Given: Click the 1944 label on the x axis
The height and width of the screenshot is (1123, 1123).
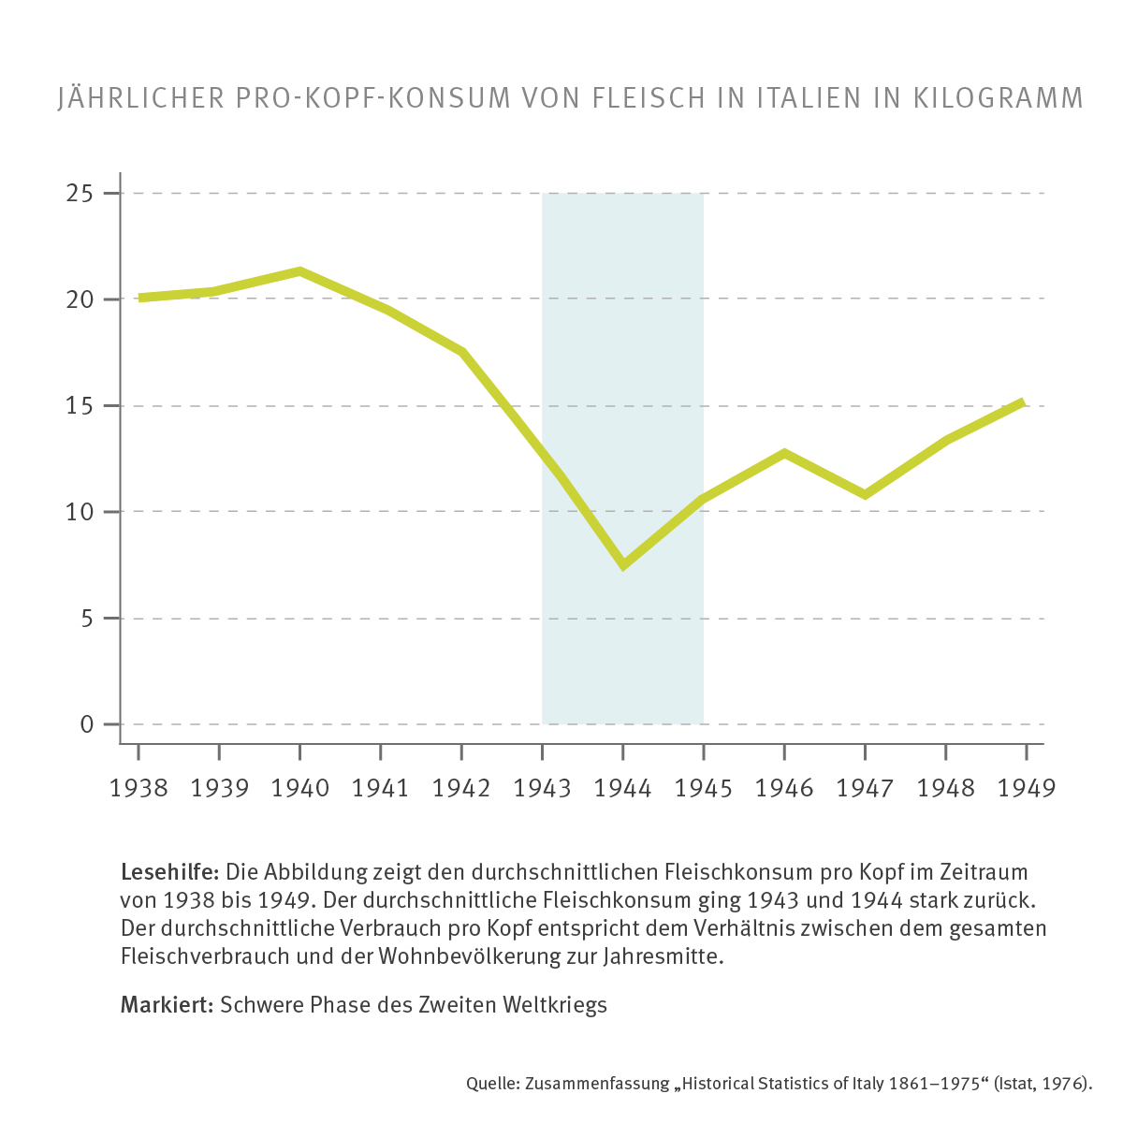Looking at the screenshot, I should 622,788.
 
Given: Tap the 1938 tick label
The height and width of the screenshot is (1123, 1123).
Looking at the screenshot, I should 139,788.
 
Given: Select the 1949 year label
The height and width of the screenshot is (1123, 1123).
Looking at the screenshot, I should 1027,788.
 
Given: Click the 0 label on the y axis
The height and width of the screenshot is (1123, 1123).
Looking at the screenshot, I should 87,724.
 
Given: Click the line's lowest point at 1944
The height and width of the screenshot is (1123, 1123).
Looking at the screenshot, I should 623,564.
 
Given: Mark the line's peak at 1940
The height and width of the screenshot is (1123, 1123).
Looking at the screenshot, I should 299,271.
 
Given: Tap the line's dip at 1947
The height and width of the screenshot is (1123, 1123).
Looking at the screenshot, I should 865,494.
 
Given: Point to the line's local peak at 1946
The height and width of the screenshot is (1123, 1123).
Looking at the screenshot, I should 784,454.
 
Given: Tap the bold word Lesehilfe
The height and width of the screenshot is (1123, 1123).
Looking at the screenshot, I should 169,872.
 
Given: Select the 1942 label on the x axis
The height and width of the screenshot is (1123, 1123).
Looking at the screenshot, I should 461,788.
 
